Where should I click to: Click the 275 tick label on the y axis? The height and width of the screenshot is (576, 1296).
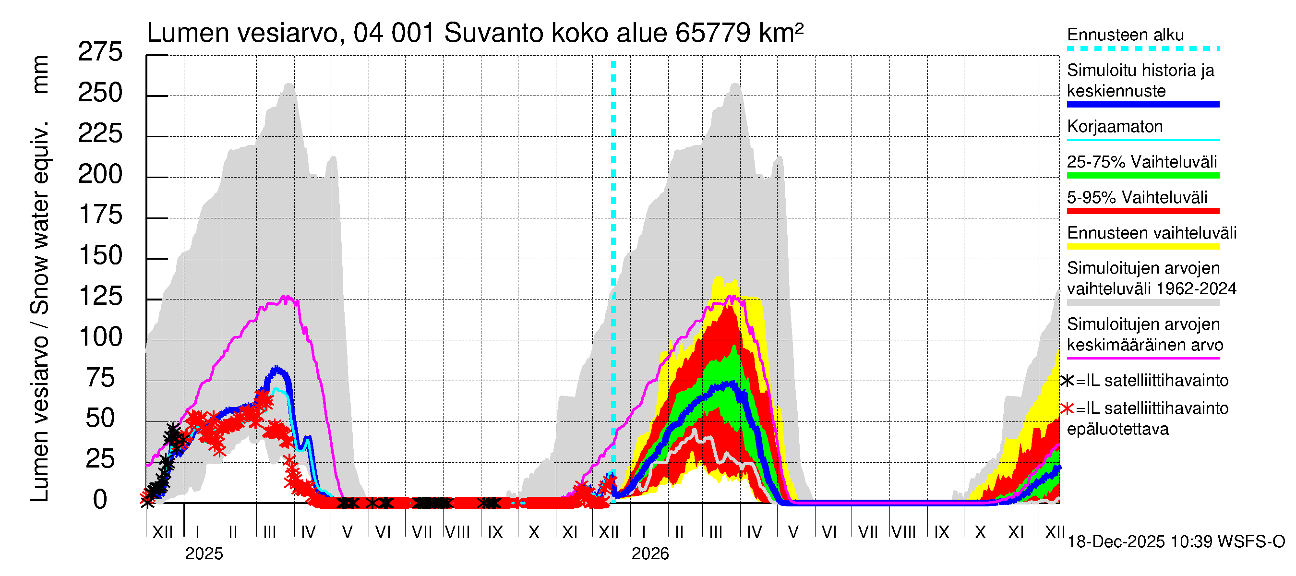tap(100, 52)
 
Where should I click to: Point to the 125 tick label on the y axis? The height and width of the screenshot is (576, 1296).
tap(101, 296)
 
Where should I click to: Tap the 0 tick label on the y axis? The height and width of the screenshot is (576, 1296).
tap(100, 500)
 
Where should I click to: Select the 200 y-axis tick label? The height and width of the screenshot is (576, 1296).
tap(100, 175)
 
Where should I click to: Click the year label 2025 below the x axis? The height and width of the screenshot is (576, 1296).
tap(204, 554)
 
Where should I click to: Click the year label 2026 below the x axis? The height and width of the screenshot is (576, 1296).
tap(650, 554)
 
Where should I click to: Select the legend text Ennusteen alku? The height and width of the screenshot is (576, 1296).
tap(1125, 35)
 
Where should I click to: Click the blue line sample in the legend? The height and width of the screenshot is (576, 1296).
tap(1142, 105)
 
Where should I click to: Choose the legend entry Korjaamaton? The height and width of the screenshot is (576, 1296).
tap(1115, 126)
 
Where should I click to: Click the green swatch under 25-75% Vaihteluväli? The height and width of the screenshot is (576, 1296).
tap(1142, 176)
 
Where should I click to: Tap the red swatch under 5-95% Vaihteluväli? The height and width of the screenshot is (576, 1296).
tap(1142, 211)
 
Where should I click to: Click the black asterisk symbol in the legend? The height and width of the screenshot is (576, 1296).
tap(1067, 381)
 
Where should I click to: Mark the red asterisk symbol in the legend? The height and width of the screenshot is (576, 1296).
tap(1067, 408)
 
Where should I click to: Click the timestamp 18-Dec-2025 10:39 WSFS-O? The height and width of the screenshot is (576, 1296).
tap(1176, 542)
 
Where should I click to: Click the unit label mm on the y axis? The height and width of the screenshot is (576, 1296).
tap(40, 74)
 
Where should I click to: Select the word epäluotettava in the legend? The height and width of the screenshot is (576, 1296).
tap(1117, 429)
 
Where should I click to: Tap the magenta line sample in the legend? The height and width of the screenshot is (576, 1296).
tap(1142, 359)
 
